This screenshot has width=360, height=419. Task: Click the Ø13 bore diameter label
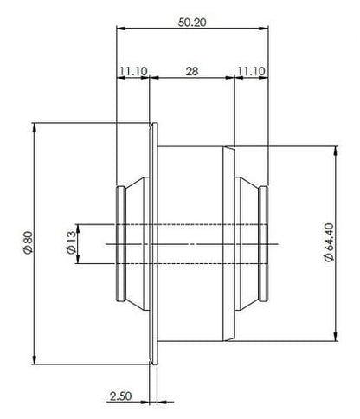tap(68, 244)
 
